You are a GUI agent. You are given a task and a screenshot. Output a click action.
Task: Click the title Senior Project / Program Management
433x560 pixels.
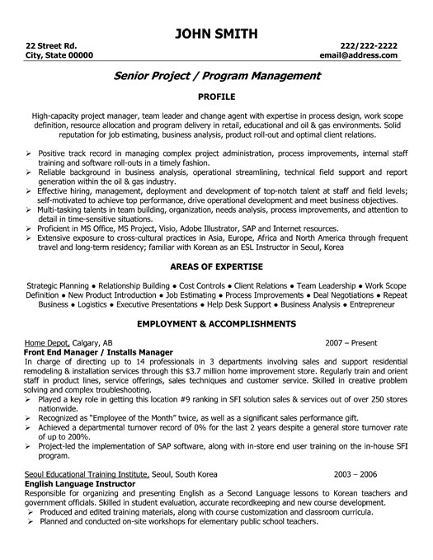(x=216, y=76)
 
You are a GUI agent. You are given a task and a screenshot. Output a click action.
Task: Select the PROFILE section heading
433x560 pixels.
(x=216, y=96)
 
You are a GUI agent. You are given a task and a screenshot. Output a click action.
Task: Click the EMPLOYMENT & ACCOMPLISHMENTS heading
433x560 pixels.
(x=216, y=325)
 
